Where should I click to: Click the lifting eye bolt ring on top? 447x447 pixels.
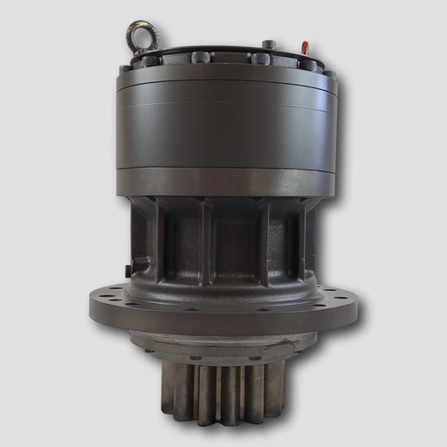(x=141, y=37)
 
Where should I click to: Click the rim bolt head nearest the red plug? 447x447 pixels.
(x=308, y=64)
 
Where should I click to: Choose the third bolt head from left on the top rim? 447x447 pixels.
(x=201, y=58)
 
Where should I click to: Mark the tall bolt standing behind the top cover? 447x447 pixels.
(x=269, y=45)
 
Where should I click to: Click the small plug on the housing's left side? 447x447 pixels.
(x=128, y=271)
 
